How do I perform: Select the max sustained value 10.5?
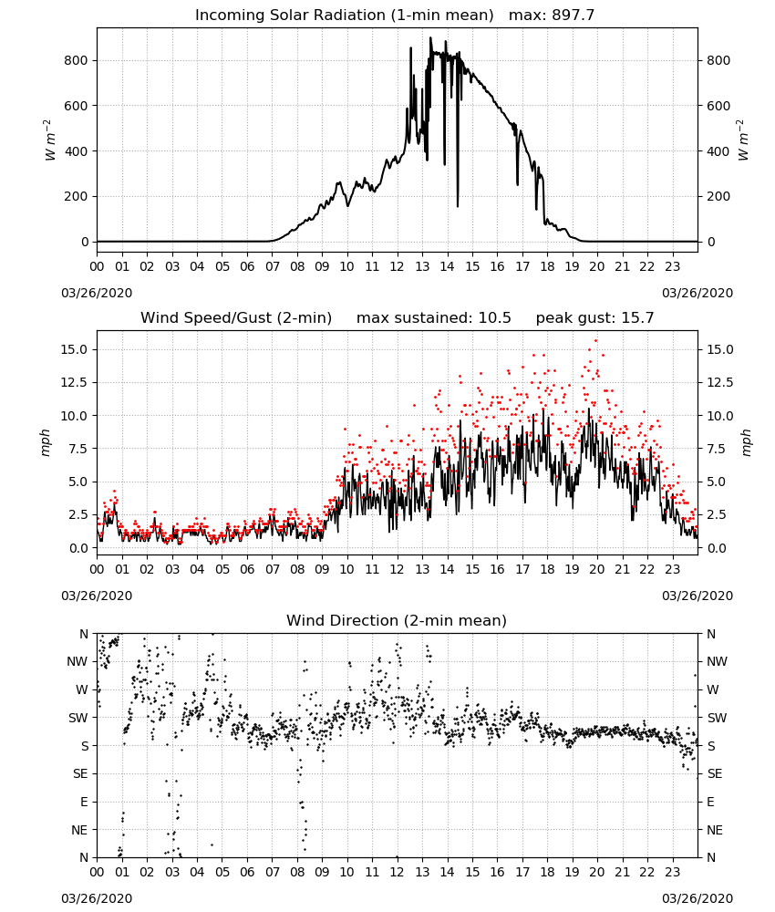coord(495,318)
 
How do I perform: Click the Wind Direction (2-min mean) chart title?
coord(397,620)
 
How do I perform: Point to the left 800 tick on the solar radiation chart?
coord(77,60)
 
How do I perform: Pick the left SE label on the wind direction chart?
coord(80,773)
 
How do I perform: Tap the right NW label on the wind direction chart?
coord(717,661)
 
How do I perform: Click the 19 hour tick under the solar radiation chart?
coord(572,267)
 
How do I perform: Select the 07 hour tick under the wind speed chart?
coord(272,569)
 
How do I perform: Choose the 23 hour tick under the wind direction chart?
coord(672,873)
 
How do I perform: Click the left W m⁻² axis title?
coord(50,140)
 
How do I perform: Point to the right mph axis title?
coord(746,442)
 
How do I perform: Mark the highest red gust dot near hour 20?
coord(595,341)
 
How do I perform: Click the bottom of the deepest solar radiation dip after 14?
coord(458,206)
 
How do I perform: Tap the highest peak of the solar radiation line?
coord(431,37)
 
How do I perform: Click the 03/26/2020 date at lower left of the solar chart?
coord(97,293)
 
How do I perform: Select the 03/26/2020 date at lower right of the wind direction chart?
coord(697,898)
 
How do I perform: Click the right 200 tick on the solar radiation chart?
coord(718,197)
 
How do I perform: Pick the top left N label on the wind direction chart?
coord(84,634)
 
